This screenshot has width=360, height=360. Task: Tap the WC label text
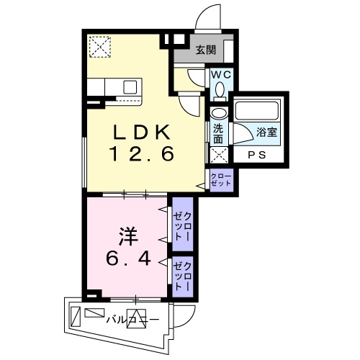pyautogui.click(x=220, y=74)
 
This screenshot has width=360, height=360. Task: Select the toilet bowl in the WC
pyautogui.click(x=220, y=90)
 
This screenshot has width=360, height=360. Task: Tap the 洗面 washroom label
pyautogui.click(x=218, y=135)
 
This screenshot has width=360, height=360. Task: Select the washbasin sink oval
pyautogui.click(x=218, y=114)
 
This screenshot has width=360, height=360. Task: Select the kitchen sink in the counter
pyautogui.click(x=130, y=86)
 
